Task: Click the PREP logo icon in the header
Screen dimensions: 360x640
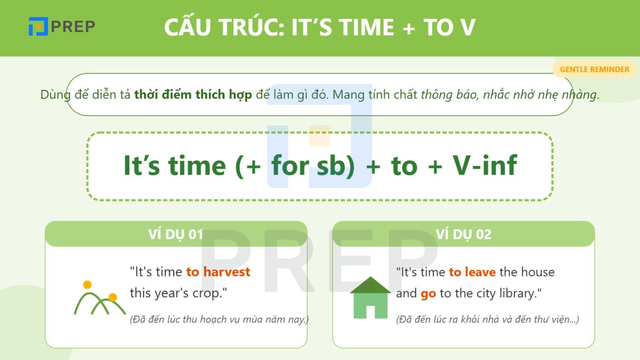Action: pos(38,26)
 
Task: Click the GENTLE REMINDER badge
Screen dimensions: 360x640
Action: pos(594,69)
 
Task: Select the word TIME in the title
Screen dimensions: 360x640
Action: pos(366,27)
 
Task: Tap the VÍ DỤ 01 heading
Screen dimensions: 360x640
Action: pos(176,234)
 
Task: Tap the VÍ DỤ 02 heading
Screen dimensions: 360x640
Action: pos(463,234)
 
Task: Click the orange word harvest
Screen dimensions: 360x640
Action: pos(226,272)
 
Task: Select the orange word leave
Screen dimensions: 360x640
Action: pos(480,272)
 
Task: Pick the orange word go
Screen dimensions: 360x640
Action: pos(428,294)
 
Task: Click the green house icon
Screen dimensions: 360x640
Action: pos(370,298)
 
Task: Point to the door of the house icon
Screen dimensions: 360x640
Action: pos(370,312)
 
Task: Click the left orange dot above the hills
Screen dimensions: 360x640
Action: pos(87,285)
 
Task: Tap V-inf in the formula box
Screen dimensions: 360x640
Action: pos(485,165)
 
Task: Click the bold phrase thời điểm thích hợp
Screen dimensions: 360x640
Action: pos(193,95)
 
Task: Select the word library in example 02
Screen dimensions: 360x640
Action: pos(518,294)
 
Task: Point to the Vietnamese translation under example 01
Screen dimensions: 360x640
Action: pos(219,320)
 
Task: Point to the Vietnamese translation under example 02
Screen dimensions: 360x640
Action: pos(487,320)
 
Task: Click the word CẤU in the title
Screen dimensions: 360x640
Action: pos(187,27)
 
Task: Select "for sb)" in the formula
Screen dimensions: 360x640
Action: pos(313,165)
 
